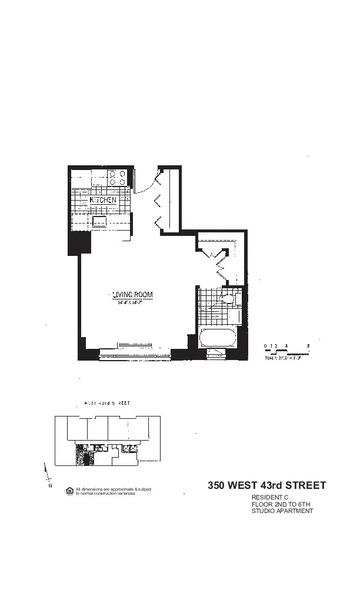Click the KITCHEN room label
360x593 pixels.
click(103, 200)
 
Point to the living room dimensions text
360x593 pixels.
click(132, 303)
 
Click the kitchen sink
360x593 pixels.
click(99, 221)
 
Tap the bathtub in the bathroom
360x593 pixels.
click(218, 338)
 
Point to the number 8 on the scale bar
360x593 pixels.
click(308, 346)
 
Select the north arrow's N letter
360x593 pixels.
click(50, 487)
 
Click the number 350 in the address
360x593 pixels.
click(218, 486)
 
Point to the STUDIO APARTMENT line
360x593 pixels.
click(282, 511)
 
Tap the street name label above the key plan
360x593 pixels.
click(107, 404)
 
